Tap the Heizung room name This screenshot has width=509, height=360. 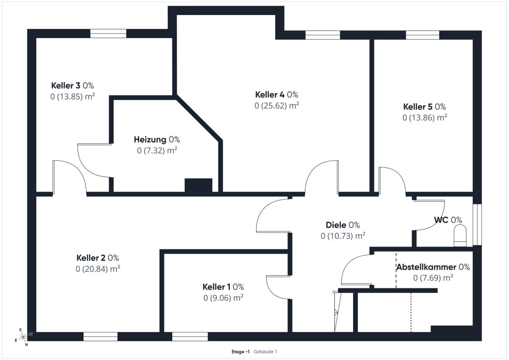(150, 140)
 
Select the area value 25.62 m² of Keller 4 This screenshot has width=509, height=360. (277, 106)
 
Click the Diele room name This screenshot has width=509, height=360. (336, 225)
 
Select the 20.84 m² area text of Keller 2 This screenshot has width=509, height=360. (98, 269)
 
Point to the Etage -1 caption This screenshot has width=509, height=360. (241, 352)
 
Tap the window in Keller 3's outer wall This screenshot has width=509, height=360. (108, 33)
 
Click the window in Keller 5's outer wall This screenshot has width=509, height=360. (422, 35)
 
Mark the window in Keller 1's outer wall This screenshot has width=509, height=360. (190, 337)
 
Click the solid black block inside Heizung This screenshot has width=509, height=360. (198, 185)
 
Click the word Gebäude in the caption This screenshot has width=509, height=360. (262, 352)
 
